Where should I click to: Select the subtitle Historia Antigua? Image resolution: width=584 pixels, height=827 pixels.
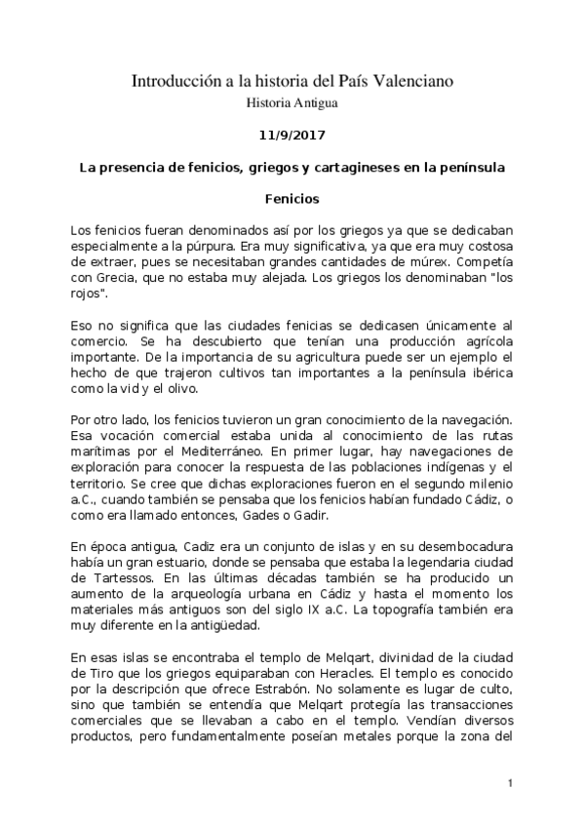[x=292, y=101]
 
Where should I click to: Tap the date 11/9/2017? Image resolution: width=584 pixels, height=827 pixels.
[x=292, y=136]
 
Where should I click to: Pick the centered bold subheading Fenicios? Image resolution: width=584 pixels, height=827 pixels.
[x=292, y=199]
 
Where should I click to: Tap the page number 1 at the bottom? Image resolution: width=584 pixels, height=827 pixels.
[x=510, y=783]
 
